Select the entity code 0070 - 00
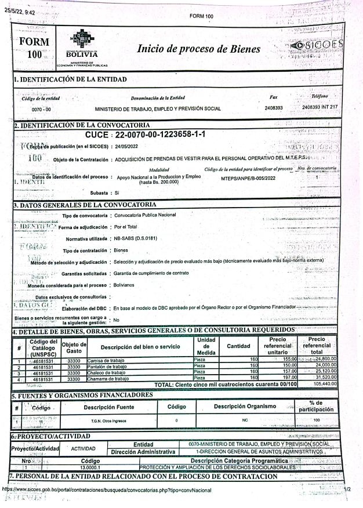coord(41,108)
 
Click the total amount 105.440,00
coord(329,383)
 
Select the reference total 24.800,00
coord(328,360)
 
